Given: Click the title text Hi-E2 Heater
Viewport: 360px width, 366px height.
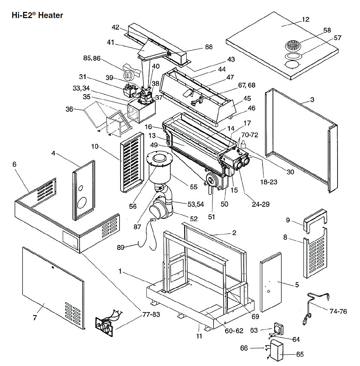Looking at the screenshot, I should click(x=37, y=15).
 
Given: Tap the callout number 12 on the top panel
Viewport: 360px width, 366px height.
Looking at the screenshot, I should click(x=306, y=19).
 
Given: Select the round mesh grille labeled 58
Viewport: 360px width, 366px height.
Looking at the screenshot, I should click(x=294, y=45).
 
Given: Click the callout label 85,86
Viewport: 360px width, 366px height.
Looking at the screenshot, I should click(x=92, y=58).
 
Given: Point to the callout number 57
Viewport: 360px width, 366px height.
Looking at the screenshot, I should click(x=338, y=38).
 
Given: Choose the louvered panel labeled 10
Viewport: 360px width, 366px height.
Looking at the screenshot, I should click(x=131, y=161).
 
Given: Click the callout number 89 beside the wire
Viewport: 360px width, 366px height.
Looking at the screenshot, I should click(x=121, y=247).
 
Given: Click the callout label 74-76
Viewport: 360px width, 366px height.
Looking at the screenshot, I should click(x=339, y=311).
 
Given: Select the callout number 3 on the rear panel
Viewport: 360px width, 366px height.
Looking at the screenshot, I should click(x=312, y=100).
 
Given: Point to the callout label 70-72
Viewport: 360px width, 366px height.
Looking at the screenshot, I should click(x=250, y=135).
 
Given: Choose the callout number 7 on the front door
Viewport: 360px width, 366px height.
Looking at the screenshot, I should click(x=34, y=318).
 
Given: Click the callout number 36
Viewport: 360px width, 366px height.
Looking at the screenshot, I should click(x=69, y=109).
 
